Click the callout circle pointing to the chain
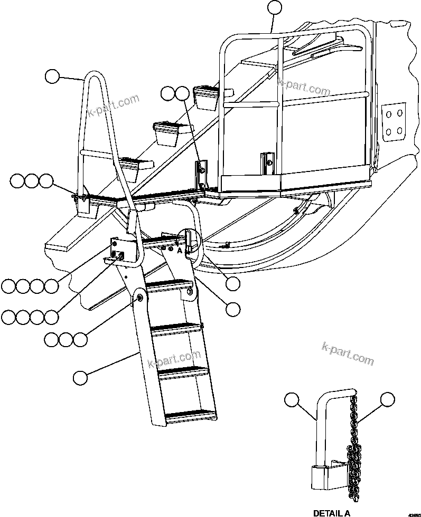click(x=388, y=400)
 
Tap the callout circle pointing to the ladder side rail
click(x=80, y=377)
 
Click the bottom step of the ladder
click(x=191, y=417)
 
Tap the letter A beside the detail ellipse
click(x=180, y=252)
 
